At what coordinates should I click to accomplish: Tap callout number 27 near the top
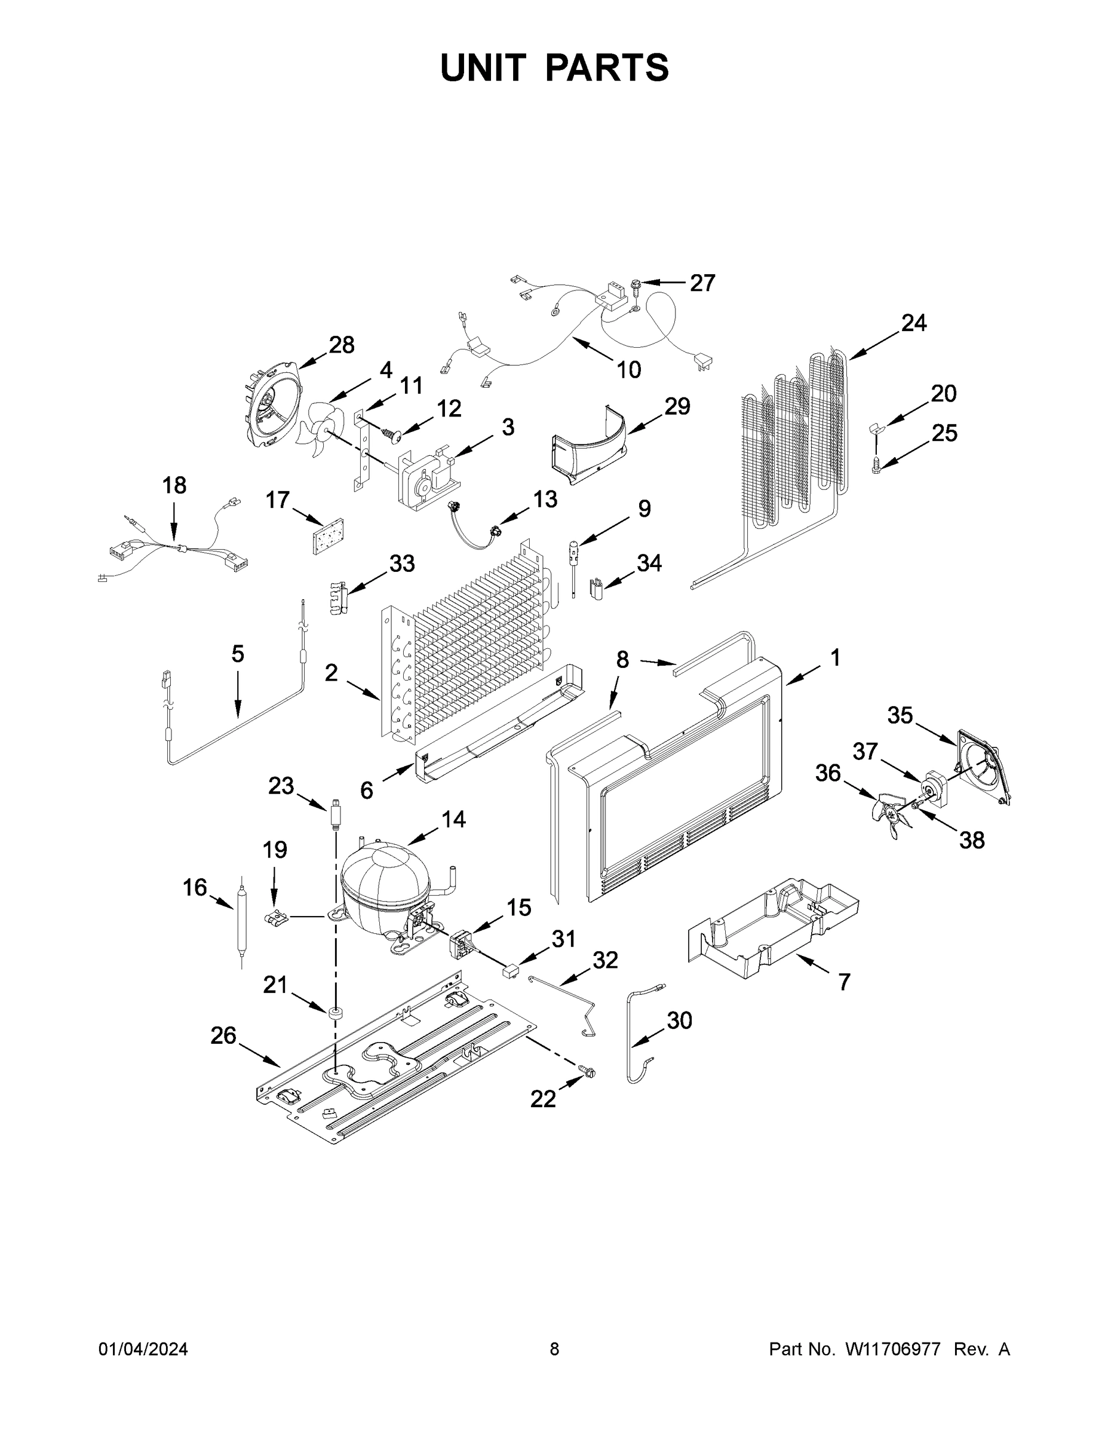702,283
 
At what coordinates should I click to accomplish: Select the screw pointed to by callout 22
588,1071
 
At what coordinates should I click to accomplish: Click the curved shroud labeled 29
591,446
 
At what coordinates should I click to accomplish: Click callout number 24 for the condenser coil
914,323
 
